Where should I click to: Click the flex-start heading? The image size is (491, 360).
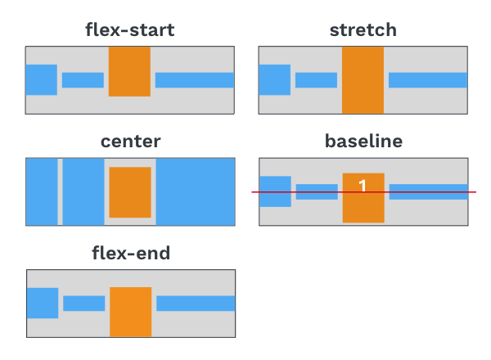click(130, 30)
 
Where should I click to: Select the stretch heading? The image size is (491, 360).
click(363, 30)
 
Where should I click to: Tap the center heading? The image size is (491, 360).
click(131, 142)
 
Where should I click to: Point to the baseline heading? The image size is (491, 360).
click(363, 142)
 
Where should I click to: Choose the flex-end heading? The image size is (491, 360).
click(131, 253)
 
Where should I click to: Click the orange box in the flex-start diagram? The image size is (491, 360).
click(129, 72)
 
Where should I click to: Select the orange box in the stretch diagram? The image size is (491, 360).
click(363, 80)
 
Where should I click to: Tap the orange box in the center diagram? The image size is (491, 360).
click(130, 192)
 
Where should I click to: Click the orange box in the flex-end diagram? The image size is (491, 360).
click(131, 312)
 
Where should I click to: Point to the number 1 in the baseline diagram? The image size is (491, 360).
click(363, 186)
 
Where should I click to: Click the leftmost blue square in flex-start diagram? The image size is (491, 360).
click(42, 80)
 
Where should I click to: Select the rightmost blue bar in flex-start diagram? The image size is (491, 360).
click(195, 80)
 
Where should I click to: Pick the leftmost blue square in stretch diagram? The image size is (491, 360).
click(275, 80)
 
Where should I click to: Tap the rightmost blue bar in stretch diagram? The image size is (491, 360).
click(428, 80)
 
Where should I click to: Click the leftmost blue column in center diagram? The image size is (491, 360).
click(42, 191)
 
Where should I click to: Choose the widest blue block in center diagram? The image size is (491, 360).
click(196, 191)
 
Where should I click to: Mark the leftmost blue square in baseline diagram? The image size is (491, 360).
click(275, 191)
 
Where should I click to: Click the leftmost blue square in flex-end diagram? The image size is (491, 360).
click(43, 303)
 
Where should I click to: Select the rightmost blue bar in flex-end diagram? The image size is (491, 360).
click(196, 304)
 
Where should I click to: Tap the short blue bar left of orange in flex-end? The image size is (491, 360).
click(84, 304)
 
